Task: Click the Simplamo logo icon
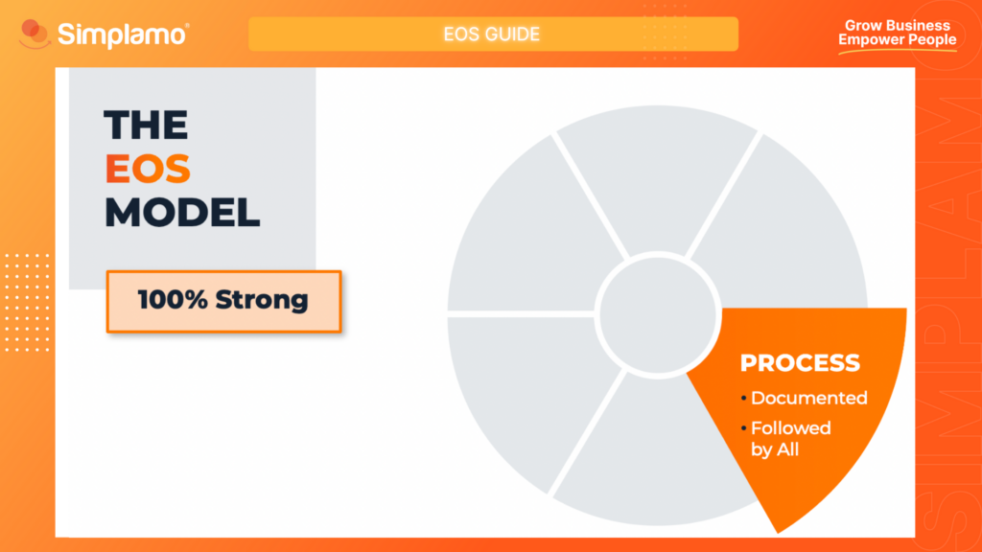(x=35, y=35)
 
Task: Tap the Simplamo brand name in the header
(x=123, y=34)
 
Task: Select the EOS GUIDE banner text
(x=492, y=34)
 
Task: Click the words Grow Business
(x=898, y=26)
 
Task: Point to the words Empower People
(x=898, y=39)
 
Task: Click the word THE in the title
(x=146, y=126)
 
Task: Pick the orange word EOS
(x=148, y=169)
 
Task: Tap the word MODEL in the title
(x=182, y=212)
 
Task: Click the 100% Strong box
(x=223, y=301)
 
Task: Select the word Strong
(x=262, y=300)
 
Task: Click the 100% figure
(x=173, y=300)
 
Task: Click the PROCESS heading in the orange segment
(x=799, y=363)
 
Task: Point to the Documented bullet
(x=808, y=398)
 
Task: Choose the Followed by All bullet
(x=790, y=438)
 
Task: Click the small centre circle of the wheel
(x=657, y=312)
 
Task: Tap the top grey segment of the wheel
(x=658, y=192)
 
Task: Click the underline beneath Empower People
(x=898, y=50)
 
